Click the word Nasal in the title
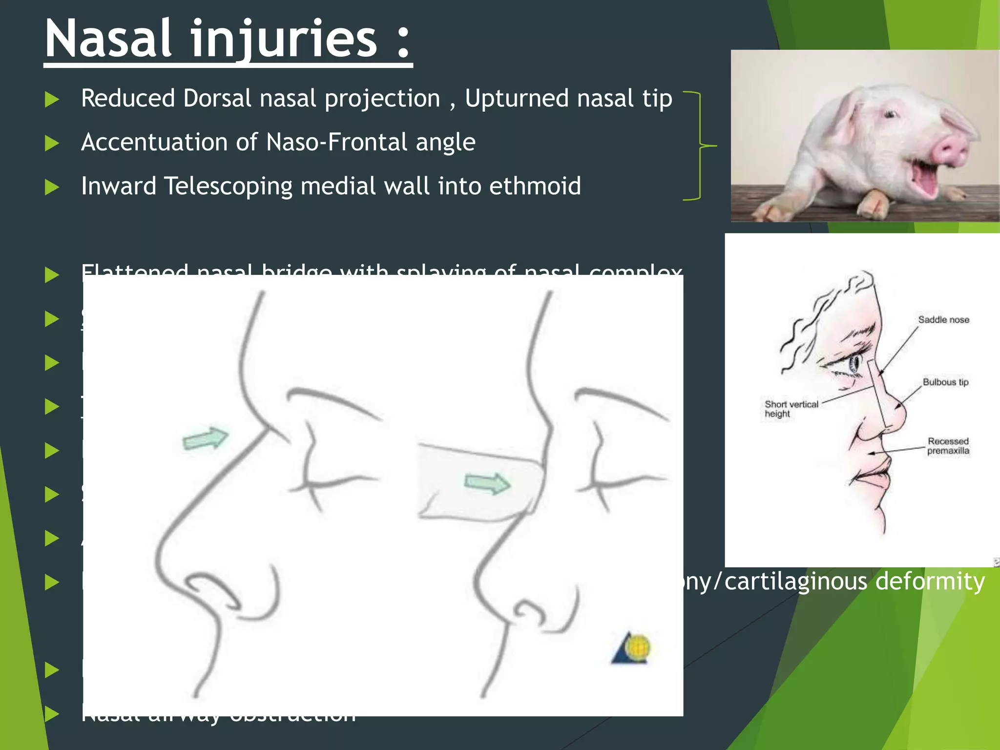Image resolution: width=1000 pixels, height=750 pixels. (108, 39)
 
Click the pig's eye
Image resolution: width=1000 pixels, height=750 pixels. (890, 115)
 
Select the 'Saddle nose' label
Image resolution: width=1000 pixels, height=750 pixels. (943, 320)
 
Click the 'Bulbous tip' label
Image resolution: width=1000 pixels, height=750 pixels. (945, 382)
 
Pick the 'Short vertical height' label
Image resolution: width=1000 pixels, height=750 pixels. (791, 409)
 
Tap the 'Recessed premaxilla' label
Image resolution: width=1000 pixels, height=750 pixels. (948, 446)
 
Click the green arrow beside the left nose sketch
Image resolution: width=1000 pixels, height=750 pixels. (206, 438)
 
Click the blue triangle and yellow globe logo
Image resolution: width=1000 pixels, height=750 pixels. (631, 648)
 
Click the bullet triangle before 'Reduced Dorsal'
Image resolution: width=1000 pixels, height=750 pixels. (52, 100)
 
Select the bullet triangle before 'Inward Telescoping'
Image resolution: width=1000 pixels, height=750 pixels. (52, 187)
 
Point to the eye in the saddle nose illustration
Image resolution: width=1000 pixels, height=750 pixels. (855, 364)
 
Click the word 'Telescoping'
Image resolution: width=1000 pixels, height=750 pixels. (228, 186)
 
